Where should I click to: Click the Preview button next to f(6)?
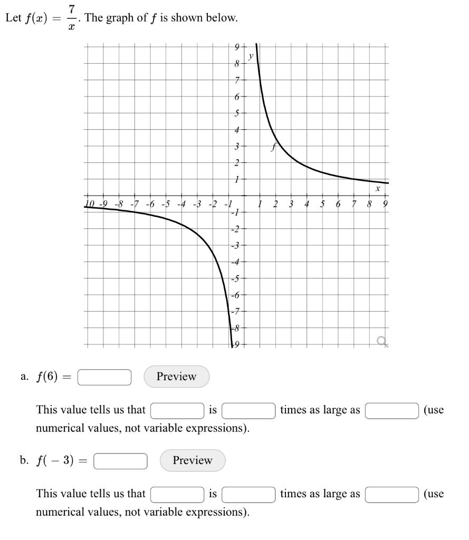coord(176,377)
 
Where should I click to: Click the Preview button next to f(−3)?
coord(192,460)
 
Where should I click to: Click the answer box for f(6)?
coord(104,377)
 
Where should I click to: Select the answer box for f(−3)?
coord(121,461)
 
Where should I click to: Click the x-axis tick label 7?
coord(355,204)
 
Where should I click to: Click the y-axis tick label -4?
coord(236,262)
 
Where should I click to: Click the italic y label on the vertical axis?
coord(251,55)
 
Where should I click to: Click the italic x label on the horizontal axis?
coord(378,188)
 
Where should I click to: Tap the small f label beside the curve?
coord(273,148)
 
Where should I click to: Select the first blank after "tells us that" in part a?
coord(177,410)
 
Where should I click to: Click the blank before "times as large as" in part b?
coord(248,494)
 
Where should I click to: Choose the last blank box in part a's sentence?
coord(392,410)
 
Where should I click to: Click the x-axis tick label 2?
coord(275,204)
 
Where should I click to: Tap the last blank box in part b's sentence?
coord(392,494)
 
